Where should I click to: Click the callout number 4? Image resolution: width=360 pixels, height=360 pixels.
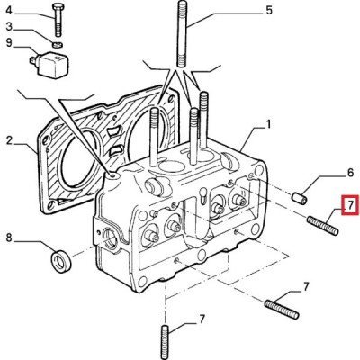click(x=9, y=11)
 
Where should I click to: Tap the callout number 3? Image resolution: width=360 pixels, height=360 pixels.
click(x=9, y=27)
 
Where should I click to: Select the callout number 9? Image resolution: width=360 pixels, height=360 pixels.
click(x=9, y=42)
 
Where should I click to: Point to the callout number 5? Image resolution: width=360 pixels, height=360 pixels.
click(x=269, y=11)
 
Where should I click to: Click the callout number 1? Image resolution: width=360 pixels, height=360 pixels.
click(x=268, y=124)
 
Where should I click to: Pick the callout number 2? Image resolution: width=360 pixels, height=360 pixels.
click(x=9, y=140)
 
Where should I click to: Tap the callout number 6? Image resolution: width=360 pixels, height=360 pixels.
click(x=350, y=173)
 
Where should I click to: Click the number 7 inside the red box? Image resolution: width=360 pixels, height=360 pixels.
click(x=350, y=205)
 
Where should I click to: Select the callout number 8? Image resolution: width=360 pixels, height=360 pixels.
click(x=9, y=238)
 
